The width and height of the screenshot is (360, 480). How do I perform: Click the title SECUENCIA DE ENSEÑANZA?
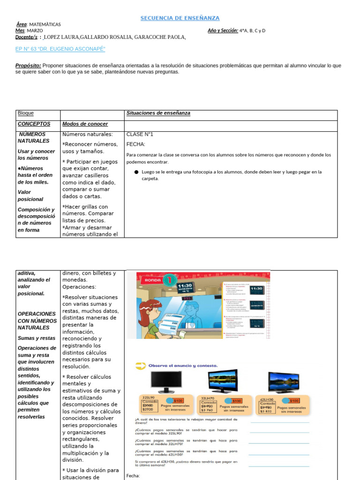180,18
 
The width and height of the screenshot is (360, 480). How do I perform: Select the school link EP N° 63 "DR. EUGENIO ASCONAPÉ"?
60,49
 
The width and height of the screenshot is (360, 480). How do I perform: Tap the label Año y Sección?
223,30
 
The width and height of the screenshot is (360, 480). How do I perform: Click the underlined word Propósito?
28,66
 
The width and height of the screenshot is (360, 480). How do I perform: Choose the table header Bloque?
25,113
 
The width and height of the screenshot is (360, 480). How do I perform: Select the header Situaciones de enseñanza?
158,113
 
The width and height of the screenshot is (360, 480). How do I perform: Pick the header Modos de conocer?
85,124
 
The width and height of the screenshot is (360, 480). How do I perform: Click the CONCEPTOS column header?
34,124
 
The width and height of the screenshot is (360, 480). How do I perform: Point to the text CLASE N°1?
140,135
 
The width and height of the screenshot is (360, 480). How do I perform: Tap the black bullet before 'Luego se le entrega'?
136,172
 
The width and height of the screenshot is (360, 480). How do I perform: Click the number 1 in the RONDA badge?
170,280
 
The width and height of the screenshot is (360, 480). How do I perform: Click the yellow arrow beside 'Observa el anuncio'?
139,365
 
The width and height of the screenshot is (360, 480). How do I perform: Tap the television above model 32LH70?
223,381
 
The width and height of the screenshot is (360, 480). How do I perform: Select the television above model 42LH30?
283,382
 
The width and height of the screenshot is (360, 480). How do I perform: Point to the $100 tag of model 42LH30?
293,400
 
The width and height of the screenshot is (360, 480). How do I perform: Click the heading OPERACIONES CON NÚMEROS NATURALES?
37,321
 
